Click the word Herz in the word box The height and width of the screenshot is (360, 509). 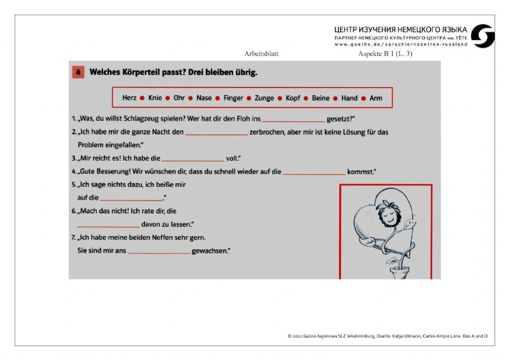[129, 98]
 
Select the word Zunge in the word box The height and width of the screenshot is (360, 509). [264, 98]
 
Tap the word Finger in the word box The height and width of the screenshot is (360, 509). [233, 98]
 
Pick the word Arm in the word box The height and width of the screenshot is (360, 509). [376, 98]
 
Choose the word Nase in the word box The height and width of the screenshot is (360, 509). [204, 98]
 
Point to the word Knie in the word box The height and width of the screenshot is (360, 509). [155, 98]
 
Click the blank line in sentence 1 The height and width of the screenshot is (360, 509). [294, 120]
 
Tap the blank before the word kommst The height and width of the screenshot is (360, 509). [314, 172]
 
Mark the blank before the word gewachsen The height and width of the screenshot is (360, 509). [158, 252]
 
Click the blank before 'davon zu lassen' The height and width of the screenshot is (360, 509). [108, 225]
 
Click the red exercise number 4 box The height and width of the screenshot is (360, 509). [78, 72]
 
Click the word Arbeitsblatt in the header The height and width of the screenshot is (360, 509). [262, 53]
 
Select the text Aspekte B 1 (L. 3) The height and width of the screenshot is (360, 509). [385, 53]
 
